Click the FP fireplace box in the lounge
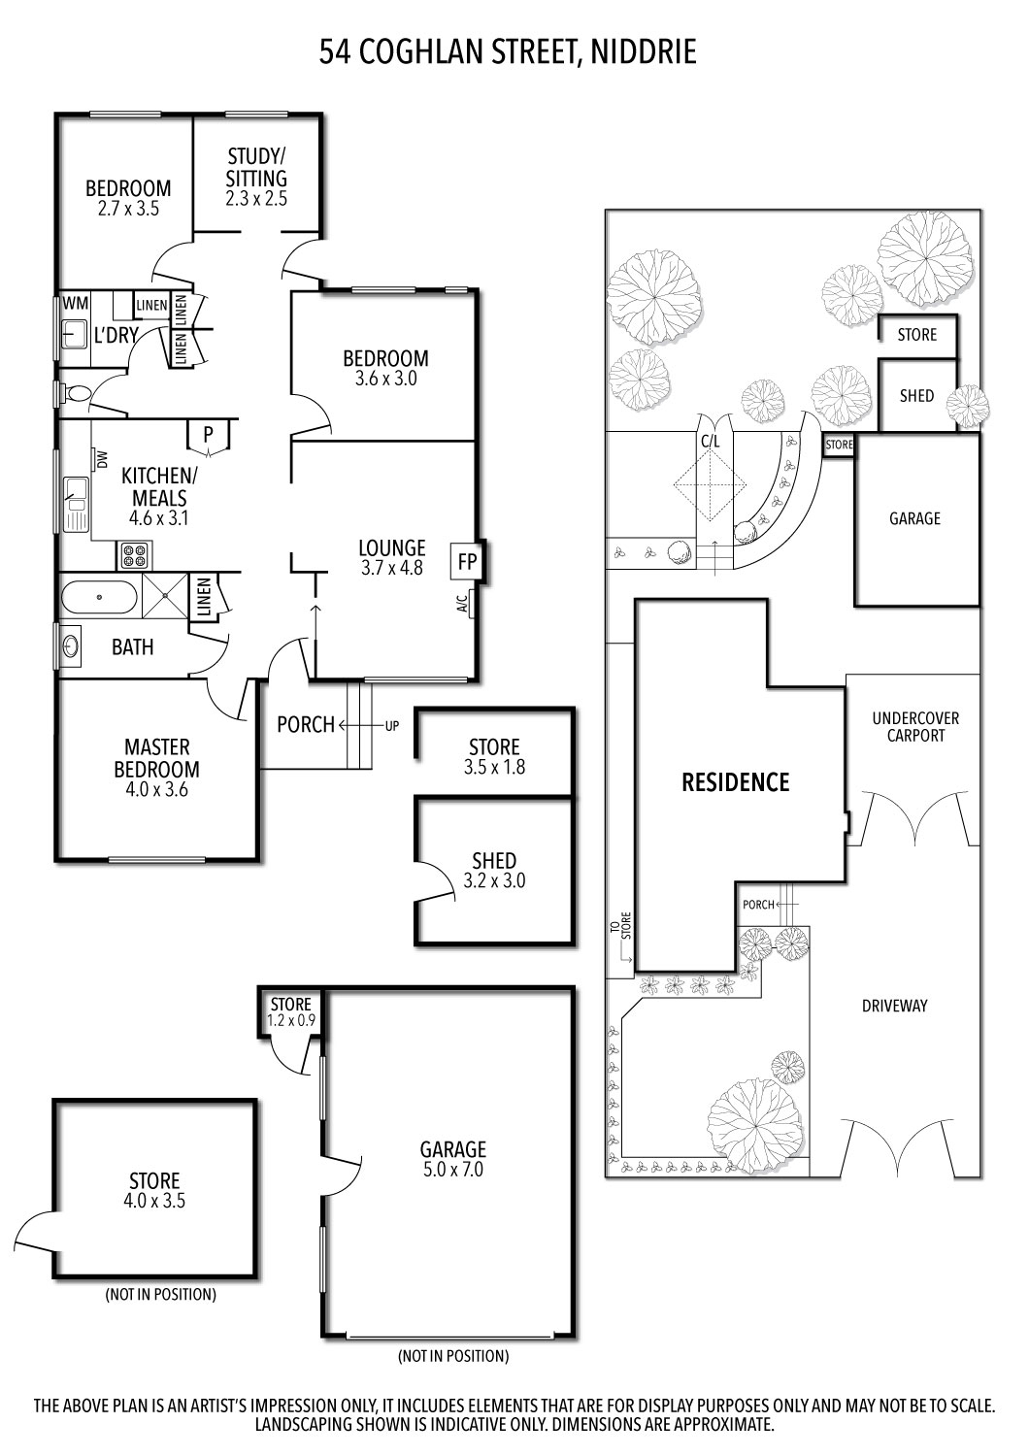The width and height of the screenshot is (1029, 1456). coord(467,561)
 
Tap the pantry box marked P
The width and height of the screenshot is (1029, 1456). coord(209,436)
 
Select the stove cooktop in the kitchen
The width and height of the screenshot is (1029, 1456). coord(135,555)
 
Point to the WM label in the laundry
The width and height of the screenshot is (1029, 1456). coord(75,304)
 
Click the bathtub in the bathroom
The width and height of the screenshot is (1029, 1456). coord(100,596)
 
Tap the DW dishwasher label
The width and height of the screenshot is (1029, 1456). coord(100,459)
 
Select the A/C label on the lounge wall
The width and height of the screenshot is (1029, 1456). coord(462,605)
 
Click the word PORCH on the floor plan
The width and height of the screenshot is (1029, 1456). coord(306,724)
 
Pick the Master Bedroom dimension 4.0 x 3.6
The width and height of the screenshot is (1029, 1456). coord(157,790)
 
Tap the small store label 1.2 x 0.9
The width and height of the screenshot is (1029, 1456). coord(291,1020)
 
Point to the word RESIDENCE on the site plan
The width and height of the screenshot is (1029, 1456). coord(735,782)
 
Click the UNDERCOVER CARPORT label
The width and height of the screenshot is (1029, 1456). coord(915,727)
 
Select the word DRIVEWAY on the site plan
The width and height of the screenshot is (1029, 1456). coord(894,1006)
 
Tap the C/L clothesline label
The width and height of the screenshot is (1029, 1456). coord(711,440)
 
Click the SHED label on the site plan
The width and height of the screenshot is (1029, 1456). coord(916,395)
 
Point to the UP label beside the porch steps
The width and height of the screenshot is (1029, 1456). coord(392,725)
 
